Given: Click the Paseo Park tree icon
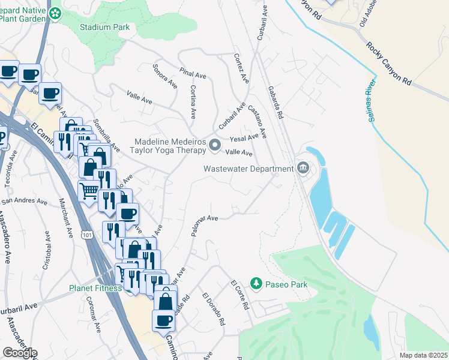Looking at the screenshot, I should (256, 283).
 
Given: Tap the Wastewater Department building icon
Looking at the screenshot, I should (303, 168).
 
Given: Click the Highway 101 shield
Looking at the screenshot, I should (88, 233).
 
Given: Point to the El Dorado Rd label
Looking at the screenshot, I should (213, 309).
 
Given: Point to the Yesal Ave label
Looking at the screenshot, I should (243, 138).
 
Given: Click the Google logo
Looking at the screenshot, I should (19, 353).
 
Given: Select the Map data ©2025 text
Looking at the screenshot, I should (423, 355).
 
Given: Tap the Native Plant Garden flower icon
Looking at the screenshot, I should (55, 13).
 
